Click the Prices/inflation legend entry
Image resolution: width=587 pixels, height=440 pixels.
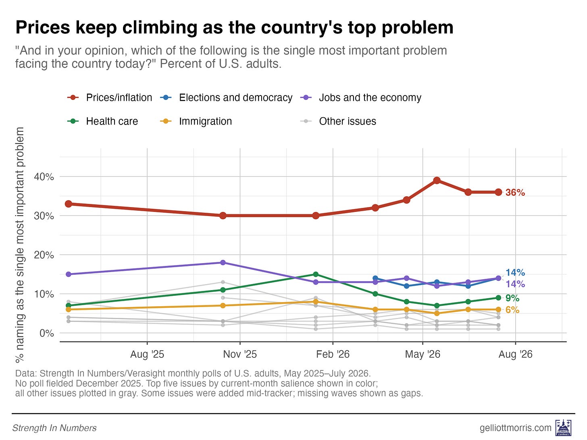click(110, 98)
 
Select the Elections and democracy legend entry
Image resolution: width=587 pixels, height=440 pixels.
click(226, 98)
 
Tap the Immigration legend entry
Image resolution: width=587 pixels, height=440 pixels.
click(196, 122)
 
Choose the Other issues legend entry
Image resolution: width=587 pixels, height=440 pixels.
click(338, 122)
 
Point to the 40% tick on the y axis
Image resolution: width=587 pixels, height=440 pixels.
click(44, 177)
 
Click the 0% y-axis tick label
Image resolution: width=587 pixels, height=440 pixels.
click(47, 333)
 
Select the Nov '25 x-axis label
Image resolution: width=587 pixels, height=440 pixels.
click(240, 355)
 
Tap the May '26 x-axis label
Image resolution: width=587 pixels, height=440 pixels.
click(423, 355)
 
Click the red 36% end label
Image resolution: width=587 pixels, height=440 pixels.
click(515, 193)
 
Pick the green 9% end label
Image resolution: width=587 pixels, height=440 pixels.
click(512, 298)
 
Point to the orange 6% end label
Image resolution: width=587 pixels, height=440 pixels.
click(512, 310)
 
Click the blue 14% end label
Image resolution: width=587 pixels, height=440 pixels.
click(515, 272)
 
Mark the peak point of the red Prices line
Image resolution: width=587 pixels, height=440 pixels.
click(437, 181)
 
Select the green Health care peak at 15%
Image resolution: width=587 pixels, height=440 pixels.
click(316, 274)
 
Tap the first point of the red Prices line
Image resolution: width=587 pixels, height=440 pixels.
click(69, 204)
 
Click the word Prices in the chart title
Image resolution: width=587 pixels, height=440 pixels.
click(43, 27)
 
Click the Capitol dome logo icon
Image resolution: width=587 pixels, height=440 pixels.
click(564, 428)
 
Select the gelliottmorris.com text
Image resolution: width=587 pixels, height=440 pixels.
click(516, 428)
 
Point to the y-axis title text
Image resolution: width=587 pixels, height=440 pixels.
click(20, 245)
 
